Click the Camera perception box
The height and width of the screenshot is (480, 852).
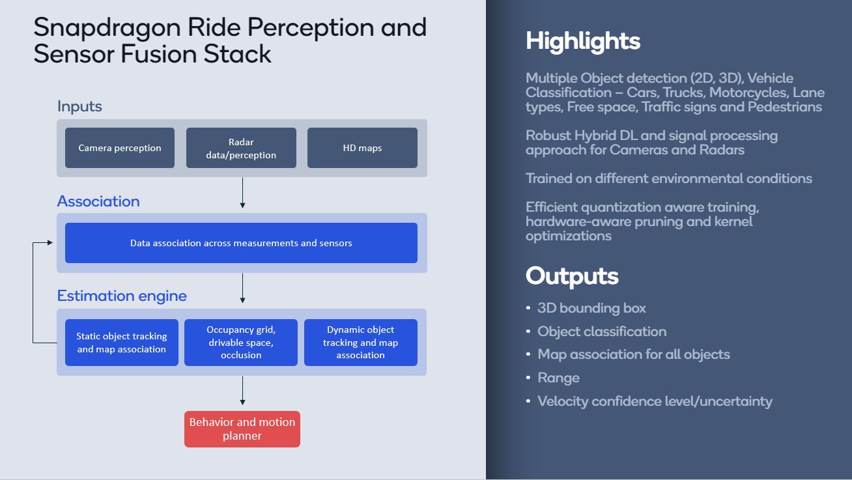tap(120, 148)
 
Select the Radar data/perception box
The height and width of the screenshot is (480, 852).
tap(241, 148)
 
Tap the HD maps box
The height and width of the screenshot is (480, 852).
tap(362, 148)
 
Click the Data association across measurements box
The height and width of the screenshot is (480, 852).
tap(241, 243)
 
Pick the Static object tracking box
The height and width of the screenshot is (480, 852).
tap(122, 343)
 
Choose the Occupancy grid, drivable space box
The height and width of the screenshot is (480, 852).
tap(241, 343)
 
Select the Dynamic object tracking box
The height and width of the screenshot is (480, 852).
tap(361, 343)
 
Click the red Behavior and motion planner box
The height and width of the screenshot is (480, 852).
tap(242, 429)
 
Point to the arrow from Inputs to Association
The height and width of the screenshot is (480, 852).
tap(242, 193)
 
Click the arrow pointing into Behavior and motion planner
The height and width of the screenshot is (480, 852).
tap(242, 391)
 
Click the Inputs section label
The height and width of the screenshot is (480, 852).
tap(79, 106)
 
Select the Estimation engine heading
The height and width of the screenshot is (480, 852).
tap(122, 296)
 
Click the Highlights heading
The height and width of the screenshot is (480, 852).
tap(583, 41)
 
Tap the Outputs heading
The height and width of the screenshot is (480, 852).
tap(572, 275)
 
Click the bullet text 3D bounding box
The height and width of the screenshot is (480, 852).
tap(591, 308)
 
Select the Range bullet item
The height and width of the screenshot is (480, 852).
tap(558, 378)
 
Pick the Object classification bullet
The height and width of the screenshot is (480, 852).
tap(602, 332)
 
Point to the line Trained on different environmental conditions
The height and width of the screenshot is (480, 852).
tap(669, 178)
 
